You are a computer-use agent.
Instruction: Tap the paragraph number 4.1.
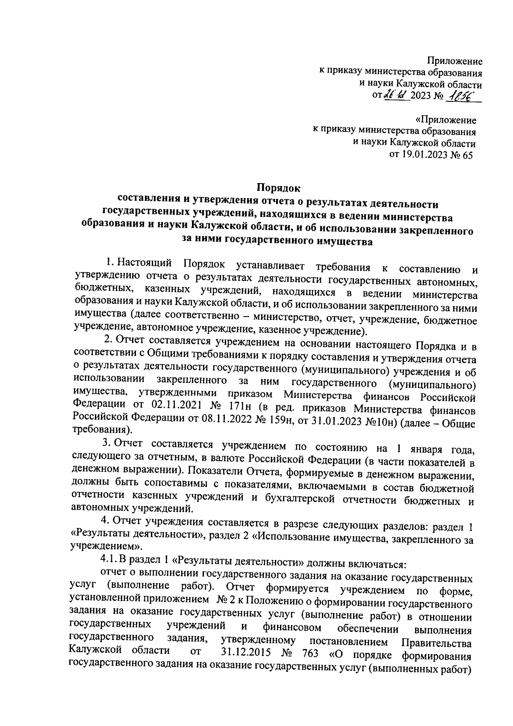pos(107,559)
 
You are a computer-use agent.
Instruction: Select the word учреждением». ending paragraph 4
pos(106,547)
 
